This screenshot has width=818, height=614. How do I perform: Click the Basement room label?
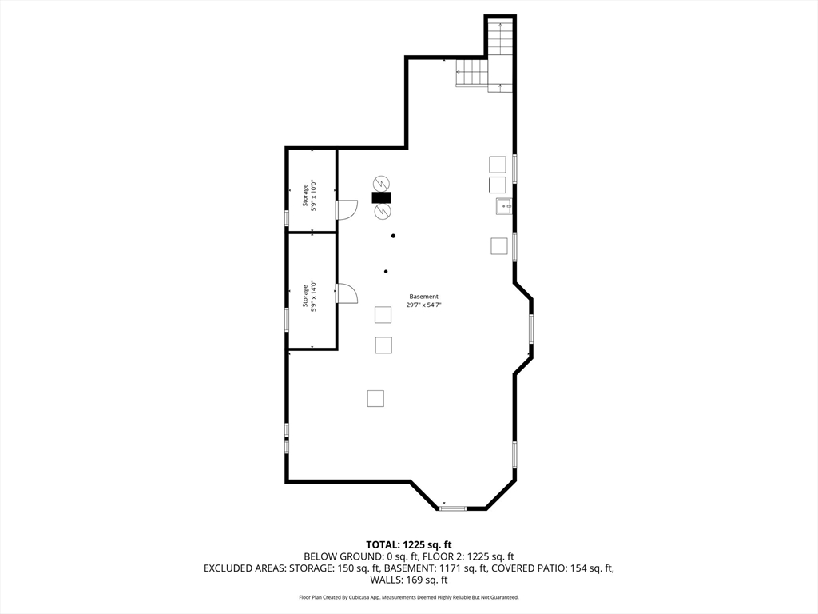[x=423, y=297]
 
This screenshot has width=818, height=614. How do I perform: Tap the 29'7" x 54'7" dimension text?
[x=423, y=305]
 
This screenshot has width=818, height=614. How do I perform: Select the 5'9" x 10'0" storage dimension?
[x=314, y=196]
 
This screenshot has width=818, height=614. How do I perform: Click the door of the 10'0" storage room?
[x=346, y=210]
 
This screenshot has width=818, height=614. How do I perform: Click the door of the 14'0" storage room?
[x=346, y=293]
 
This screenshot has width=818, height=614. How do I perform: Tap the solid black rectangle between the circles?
[x=381, y=198]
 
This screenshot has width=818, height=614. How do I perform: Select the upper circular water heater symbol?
[x=381, y=184]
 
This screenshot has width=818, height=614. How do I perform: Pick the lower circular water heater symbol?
[x=381, y=211]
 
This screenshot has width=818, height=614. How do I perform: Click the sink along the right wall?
[x=504, y=207]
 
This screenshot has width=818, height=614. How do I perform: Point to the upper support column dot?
[x=393, y=236]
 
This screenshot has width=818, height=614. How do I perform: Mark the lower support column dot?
[x=386, y=272]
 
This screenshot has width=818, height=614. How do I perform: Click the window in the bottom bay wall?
[x=452, y=508]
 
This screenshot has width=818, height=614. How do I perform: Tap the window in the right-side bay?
[x=531, y=329]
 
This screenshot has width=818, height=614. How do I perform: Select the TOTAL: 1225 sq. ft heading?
[x=409, y=545]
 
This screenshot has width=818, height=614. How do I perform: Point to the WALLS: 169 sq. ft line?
[x=409, y=580]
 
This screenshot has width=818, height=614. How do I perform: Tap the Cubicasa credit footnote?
[x=409, y=597]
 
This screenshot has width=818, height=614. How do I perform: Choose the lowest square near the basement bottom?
[x=375, y=398]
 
